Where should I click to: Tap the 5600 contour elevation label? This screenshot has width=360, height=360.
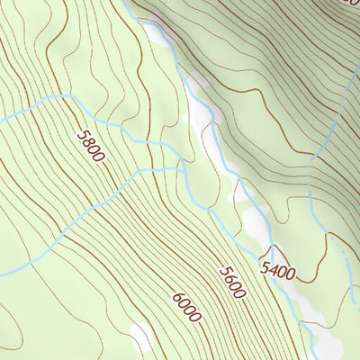231,282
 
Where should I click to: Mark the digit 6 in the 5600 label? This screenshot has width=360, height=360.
228,278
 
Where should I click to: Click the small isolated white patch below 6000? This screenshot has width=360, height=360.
141,337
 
